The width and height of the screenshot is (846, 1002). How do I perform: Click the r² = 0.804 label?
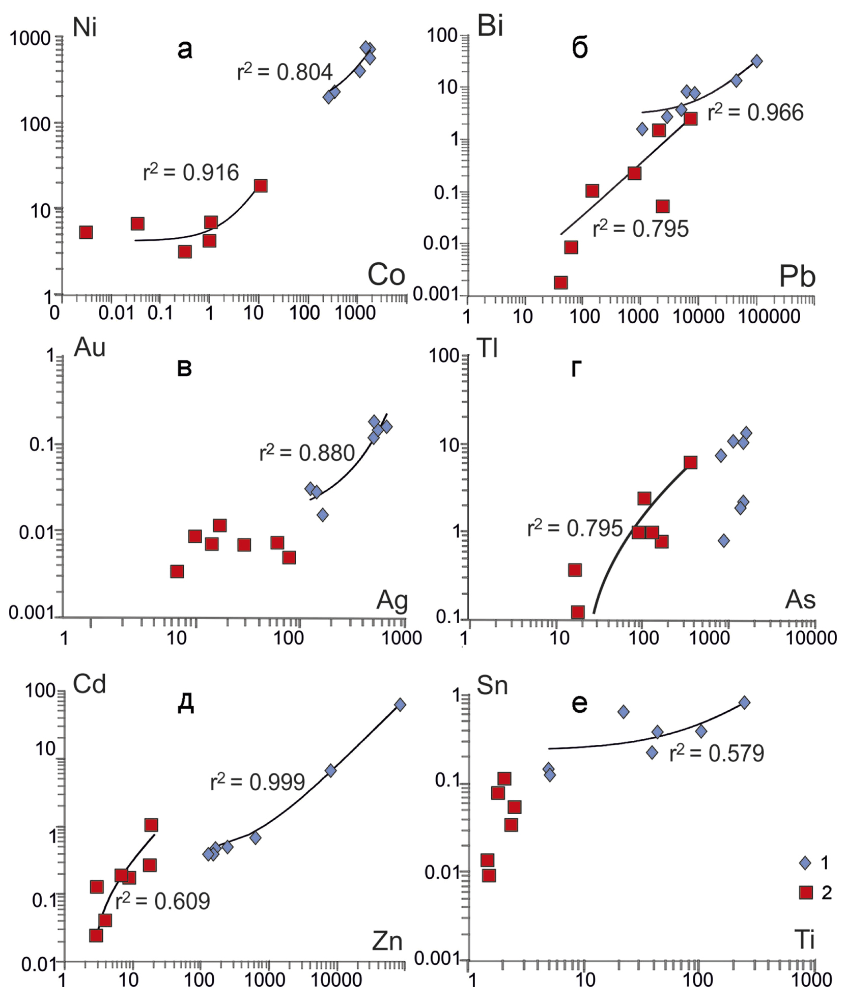pos(285,72)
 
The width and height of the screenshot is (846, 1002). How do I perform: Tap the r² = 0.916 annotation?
pos(191,173)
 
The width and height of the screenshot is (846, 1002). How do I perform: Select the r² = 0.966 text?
pos(755,113)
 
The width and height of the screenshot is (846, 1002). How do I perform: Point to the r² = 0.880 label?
pos(307,453)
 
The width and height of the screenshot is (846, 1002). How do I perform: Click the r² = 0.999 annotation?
pos(258,782)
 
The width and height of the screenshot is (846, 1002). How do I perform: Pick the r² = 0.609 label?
pos(163,902)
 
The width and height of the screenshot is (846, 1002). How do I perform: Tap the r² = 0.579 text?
pos(717,753)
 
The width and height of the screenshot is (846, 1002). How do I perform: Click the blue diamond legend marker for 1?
pos(805,862)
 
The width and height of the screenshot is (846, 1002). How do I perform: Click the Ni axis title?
pos(84,28)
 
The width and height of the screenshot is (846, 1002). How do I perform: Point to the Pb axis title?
pos(797,277)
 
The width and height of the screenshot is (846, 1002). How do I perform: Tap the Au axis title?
pos(90,348)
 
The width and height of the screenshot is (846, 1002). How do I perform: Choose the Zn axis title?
pos(387,942)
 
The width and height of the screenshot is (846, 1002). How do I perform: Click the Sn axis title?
pos(492,686)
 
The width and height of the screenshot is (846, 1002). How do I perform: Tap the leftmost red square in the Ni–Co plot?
pos(86,233)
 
